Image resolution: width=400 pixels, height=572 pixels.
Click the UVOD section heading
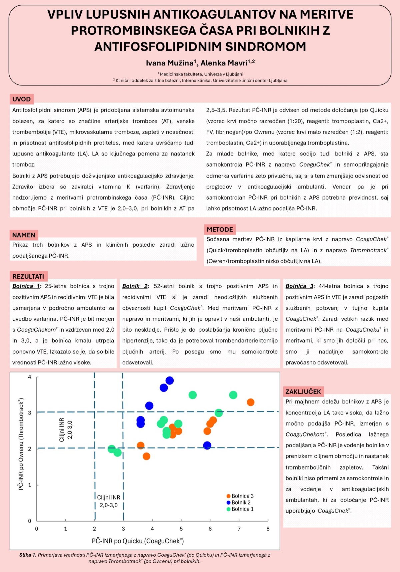tap(22, 99)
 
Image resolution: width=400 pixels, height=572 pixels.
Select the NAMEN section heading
tap(24, 235)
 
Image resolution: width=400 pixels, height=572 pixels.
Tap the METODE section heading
tap(220, 229)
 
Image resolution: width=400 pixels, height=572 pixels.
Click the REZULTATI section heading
tap(28, 276)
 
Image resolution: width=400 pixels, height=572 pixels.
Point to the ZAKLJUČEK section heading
tap(303, 391)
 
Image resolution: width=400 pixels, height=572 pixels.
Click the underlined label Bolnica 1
tap(26, 286)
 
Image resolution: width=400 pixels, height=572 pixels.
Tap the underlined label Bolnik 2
tap(135, 286)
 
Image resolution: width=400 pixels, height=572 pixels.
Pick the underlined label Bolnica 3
tap(299, 286)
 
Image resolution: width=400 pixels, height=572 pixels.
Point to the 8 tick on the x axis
tap(268, 529)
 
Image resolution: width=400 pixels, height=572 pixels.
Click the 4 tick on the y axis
tap(30, 377)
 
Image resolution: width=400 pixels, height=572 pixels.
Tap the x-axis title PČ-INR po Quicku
tap(138, 541)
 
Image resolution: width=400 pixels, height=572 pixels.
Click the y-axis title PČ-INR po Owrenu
tap(21, 444)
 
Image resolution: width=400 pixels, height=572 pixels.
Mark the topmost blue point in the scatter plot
tap(170, 380)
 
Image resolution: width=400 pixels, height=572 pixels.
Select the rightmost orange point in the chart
tap(251, 402)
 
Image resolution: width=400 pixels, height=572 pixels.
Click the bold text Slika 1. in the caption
tap(28, 555)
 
